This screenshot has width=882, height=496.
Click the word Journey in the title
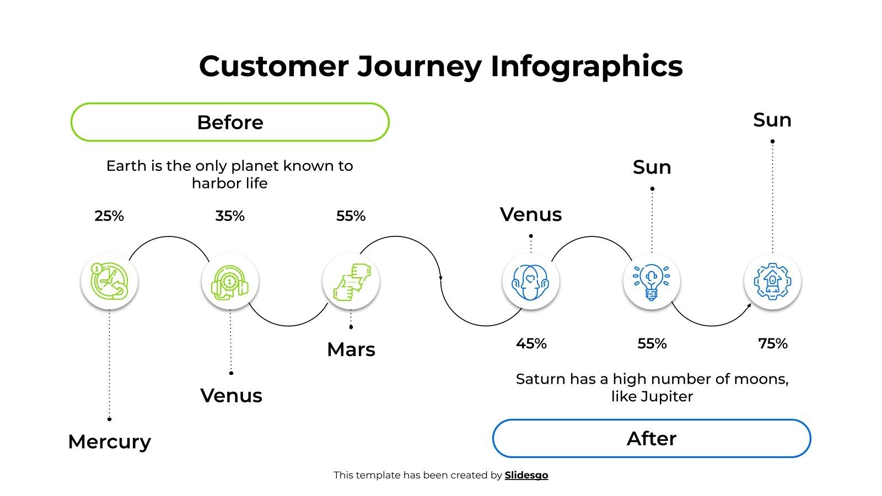420,67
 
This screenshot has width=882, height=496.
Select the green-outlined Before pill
230,122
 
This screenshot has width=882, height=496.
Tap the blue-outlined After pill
651,438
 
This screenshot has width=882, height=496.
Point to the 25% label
109,216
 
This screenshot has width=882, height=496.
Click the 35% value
230,216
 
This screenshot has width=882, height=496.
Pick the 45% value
531,344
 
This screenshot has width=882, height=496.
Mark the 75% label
772,344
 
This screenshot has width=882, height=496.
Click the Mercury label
109,441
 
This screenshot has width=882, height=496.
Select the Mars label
351,349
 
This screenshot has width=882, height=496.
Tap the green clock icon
109,281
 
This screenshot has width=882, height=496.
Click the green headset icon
230,281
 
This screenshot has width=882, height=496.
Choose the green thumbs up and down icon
351,281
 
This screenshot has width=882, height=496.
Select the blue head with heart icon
530,281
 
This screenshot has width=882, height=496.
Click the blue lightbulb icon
652,281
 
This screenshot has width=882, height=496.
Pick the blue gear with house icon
772,281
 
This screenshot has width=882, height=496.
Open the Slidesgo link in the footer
526,475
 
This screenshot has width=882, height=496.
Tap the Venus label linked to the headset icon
231,396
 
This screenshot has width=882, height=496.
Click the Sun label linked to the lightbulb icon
652,167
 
